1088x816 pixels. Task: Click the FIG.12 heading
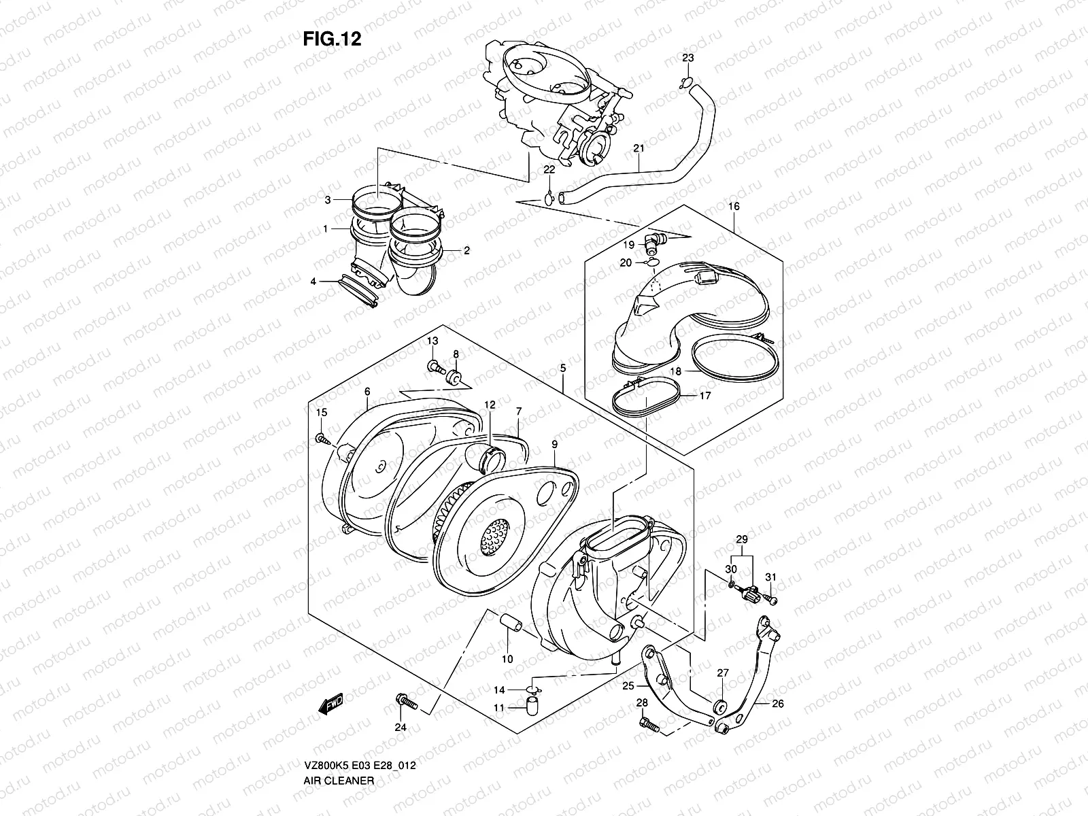(332, 39)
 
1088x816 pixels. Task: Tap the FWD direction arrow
(331, 703)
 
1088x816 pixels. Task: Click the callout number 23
(688, 58)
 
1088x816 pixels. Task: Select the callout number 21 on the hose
(639, 148)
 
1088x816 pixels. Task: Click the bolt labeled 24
(406, 700)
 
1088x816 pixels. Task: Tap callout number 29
(742, 539)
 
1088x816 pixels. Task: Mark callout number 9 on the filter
(554, 444)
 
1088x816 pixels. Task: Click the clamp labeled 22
(549, 199)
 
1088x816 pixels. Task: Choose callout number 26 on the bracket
(778, 704)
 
